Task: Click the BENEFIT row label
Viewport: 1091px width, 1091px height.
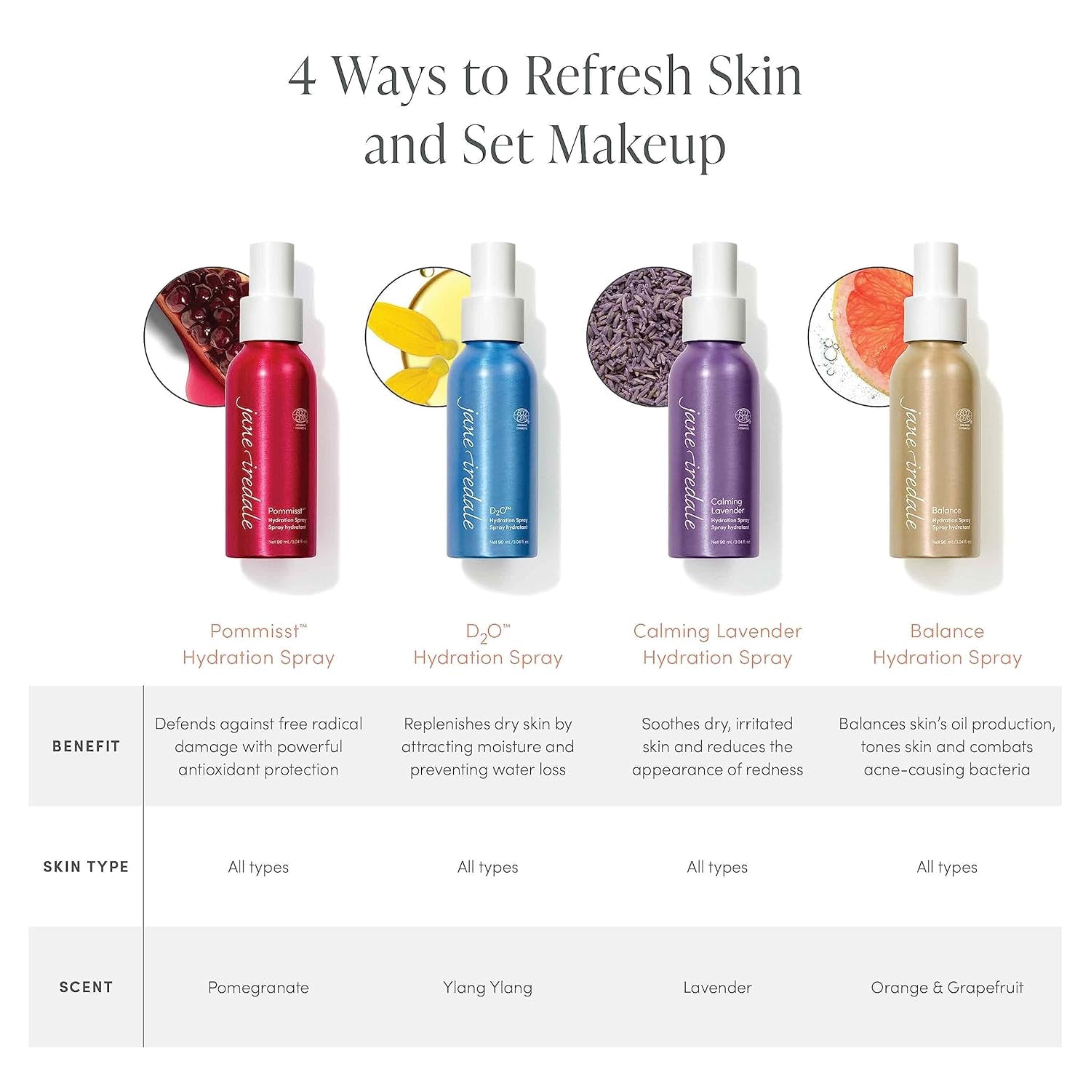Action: point(86,746)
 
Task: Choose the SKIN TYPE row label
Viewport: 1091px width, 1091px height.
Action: point(86,867)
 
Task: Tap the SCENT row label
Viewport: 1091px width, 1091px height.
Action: point(86,987)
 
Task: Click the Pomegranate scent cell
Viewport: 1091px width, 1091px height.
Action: point(258,988)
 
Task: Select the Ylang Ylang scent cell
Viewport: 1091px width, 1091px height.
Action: point(487,988)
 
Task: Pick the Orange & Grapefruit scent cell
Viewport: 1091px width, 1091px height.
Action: point(946,988)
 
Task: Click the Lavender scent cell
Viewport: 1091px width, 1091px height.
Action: point(717,988)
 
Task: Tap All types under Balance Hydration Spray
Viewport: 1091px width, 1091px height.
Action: point(946,867)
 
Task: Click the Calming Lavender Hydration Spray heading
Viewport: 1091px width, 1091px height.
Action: point(717,644)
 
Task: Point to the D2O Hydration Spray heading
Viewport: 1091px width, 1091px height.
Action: point(487,644)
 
